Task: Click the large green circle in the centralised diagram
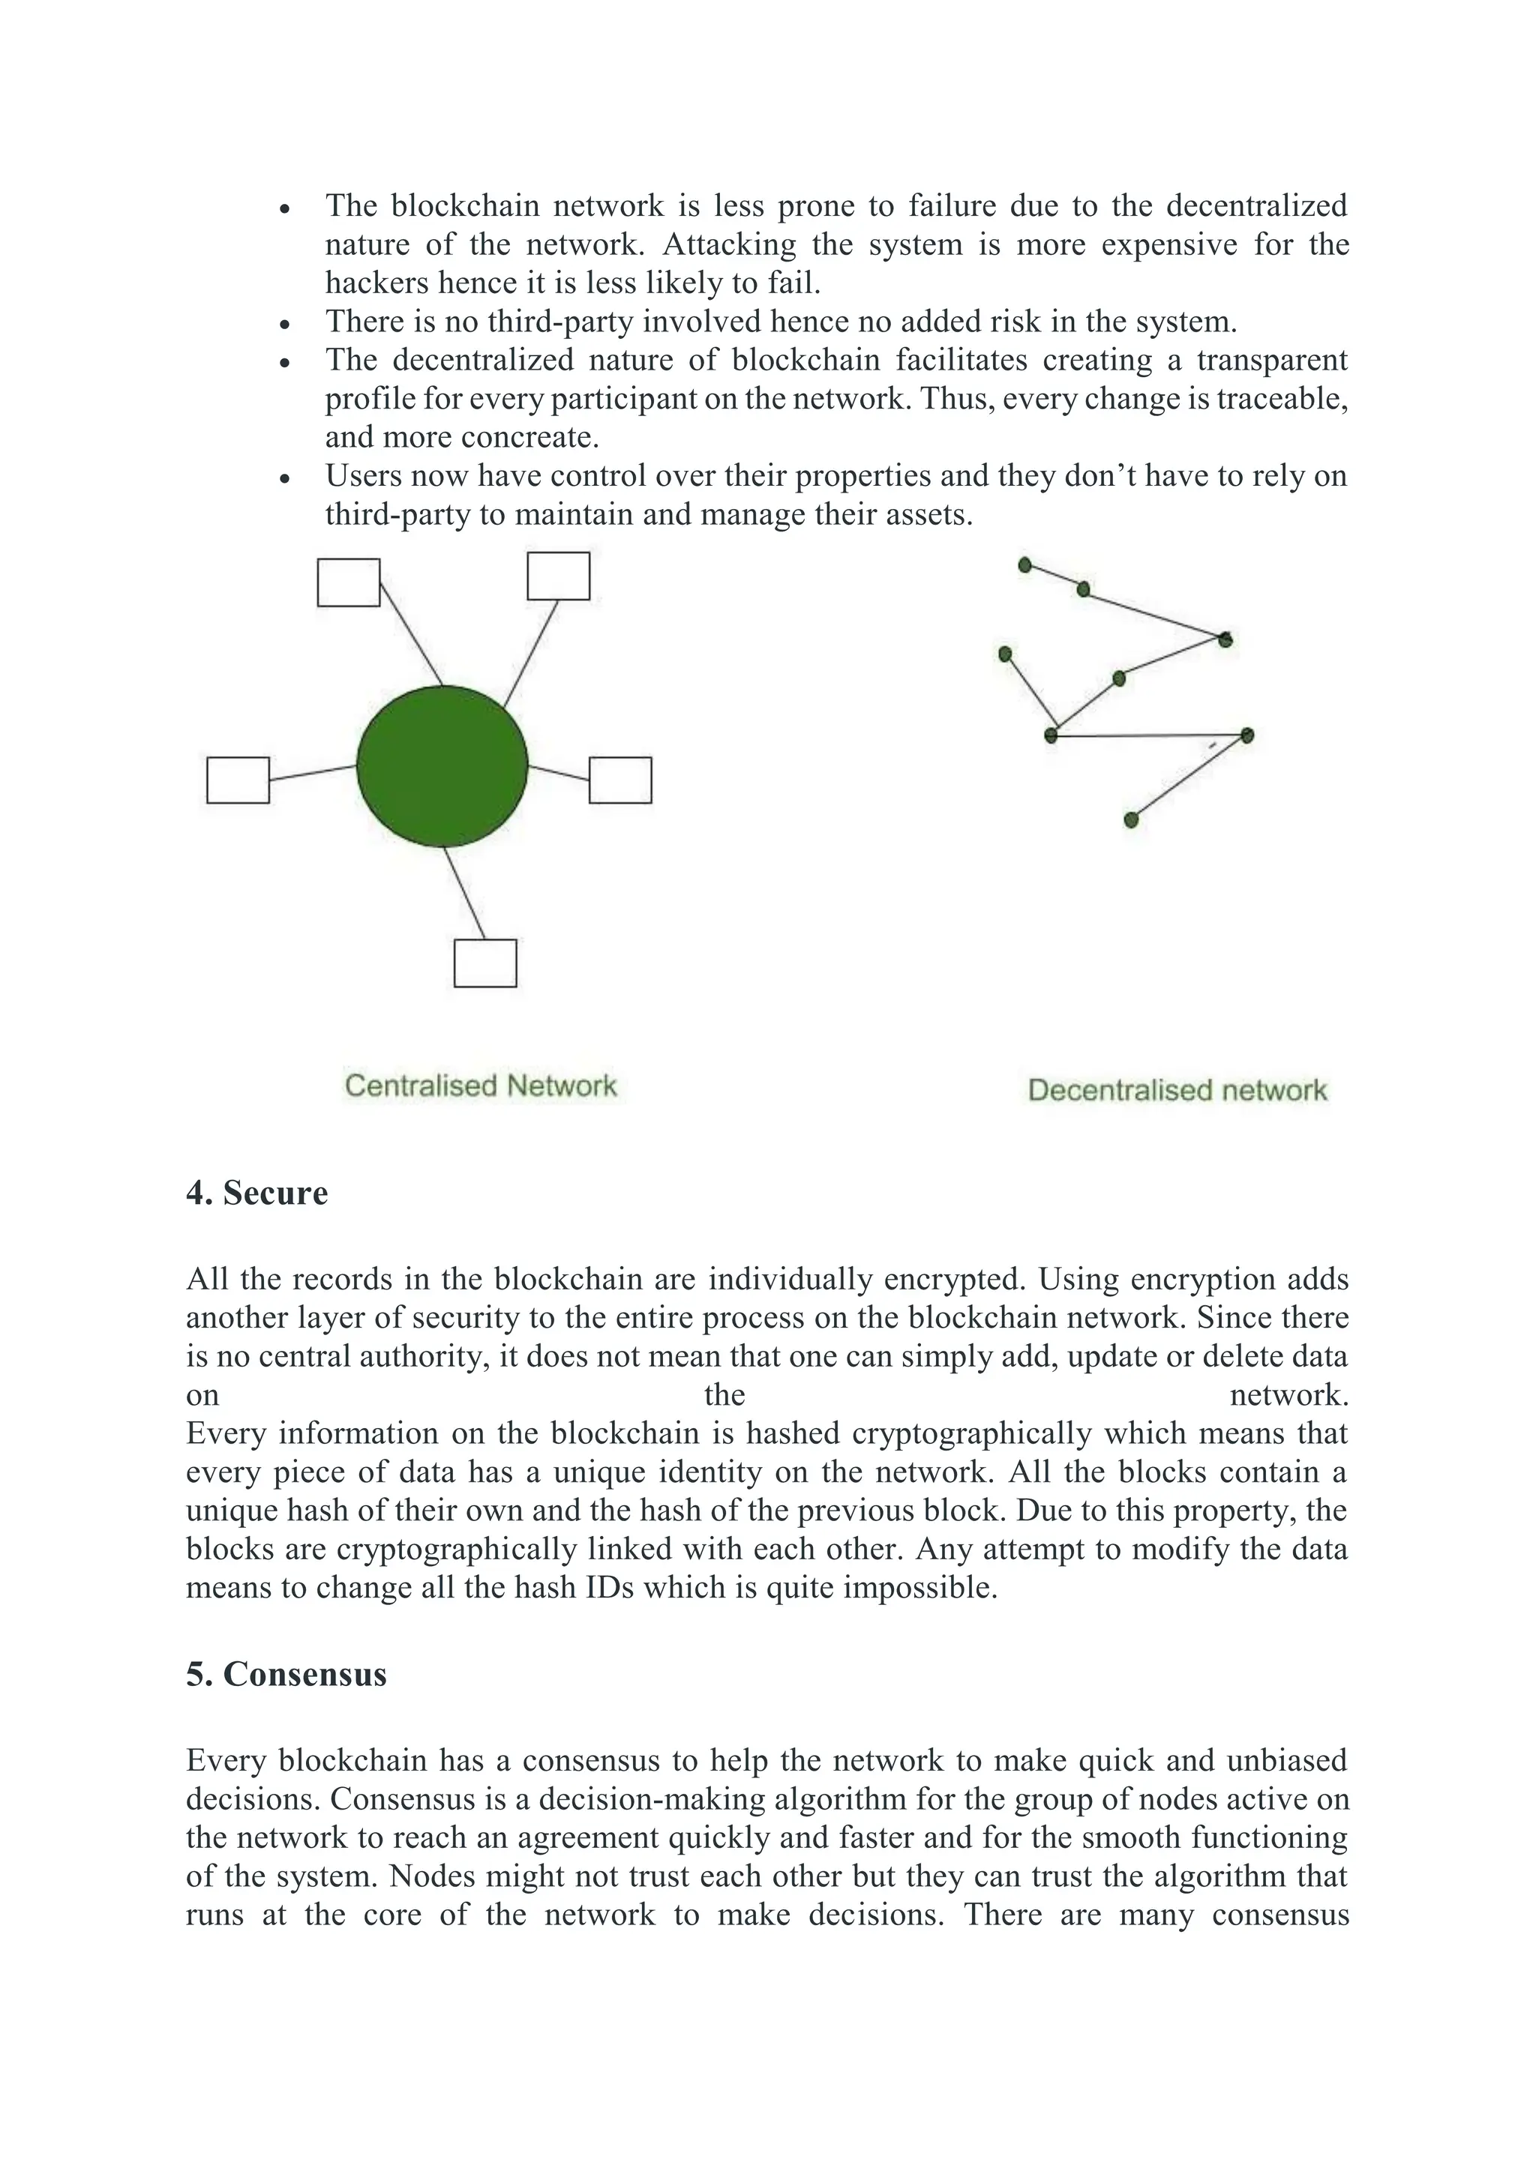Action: (442, 766)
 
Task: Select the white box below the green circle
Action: (485, 963)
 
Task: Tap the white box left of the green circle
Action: (238, 780)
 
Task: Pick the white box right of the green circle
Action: (620, 780)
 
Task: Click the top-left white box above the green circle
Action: (348, 582)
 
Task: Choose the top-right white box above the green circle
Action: (558, 576)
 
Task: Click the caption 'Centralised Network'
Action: (481, 1085)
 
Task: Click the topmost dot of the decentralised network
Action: (1024, 564)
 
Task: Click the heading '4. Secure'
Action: (257, 1193)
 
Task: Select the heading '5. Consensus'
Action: (286, 1675)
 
